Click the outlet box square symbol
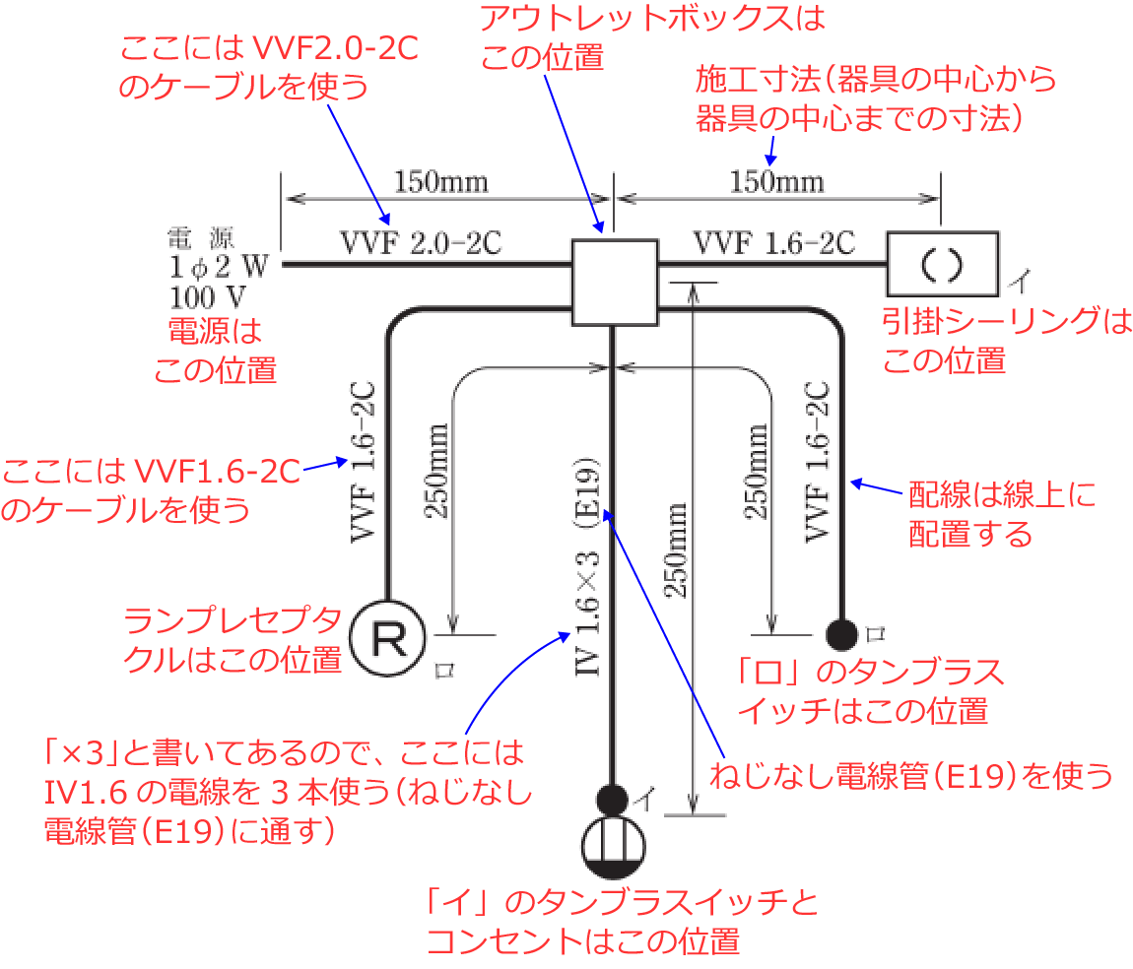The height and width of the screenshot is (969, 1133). tap(614, 282)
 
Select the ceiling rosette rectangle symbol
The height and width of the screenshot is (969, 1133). tap(942, 263)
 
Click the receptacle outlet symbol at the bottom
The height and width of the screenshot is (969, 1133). tap(612, 846)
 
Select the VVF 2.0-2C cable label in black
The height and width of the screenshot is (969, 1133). tap(421, 242)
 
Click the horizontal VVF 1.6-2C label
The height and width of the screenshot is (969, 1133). tap(773, 242)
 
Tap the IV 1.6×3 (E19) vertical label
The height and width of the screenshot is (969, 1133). tap(587, 568)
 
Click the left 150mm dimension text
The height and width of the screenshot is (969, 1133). tap(440, 182)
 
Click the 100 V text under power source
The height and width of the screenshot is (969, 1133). tap(207, 295)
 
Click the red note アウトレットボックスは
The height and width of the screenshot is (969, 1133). tap(651, 18)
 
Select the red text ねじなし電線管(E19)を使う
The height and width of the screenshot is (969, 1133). tap(911, 776)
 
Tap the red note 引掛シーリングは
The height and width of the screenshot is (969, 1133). tap(1006, 322)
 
